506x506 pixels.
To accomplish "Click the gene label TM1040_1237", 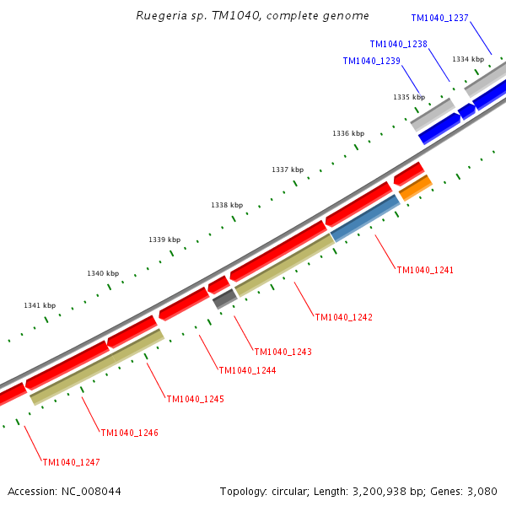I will (439, 18).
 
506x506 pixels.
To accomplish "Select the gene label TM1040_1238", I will (398, 44).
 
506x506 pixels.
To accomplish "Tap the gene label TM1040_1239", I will (371, 61).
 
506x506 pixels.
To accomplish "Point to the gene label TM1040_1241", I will (425, 270).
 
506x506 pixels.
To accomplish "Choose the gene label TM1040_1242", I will (343, 317).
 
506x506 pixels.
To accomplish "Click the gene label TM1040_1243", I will (283, 352).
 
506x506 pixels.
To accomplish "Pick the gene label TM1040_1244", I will (247, 370).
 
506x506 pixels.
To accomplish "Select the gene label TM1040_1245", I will (195, 399).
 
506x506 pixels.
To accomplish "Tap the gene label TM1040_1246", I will (129, 433).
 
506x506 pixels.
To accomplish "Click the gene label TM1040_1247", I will (71, 462).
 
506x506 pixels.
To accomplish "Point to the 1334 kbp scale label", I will (468, 59).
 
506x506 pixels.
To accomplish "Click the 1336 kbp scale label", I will (348, 133).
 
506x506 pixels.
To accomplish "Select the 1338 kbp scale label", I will (227, 205).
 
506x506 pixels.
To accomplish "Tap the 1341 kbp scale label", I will (40, 305).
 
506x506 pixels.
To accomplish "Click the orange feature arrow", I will (415, 188).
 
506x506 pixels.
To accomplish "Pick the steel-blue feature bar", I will (365, 218).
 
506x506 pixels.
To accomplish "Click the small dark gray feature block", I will (223, 298).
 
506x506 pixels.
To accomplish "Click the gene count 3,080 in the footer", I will (481, 491).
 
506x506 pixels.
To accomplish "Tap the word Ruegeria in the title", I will (159, 16).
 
